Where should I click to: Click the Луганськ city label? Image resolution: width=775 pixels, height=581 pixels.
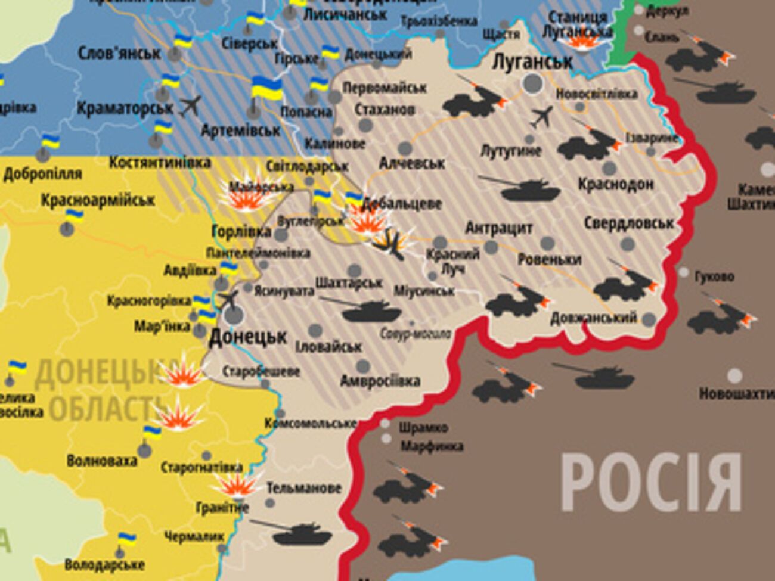[x=533, y=61]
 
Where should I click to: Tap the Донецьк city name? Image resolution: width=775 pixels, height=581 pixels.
[x=247, y=337]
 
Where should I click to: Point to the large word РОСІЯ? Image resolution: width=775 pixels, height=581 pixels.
[x=651, y=483]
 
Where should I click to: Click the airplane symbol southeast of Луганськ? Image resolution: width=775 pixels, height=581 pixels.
[x=541, y=116]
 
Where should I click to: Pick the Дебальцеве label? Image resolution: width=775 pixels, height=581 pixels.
[x=401, y=203]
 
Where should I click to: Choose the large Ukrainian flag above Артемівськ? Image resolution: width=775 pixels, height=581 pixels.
[x=266, y=88]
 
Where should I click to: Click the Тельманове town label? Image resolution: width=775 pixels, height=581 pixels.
[x=303, y=488]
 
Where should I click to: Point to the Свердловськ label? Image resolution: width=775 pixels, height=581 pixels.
[x=629, y=223]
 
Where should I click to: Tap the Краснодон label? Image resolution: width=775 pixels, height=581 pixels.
[x=615, y=184]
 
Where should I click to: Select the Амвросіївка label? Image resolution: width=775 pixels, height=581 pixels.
[x=380, y=381]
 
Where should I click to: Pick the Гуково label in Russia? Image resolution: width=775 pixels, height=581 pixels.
[x=714, y=276]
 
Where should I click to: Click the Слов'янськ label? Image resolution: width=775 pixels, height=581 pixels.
[x=119, y=53]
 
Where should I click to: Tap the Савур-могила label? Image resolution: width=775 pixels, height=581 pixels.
[x=415, y=334]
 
